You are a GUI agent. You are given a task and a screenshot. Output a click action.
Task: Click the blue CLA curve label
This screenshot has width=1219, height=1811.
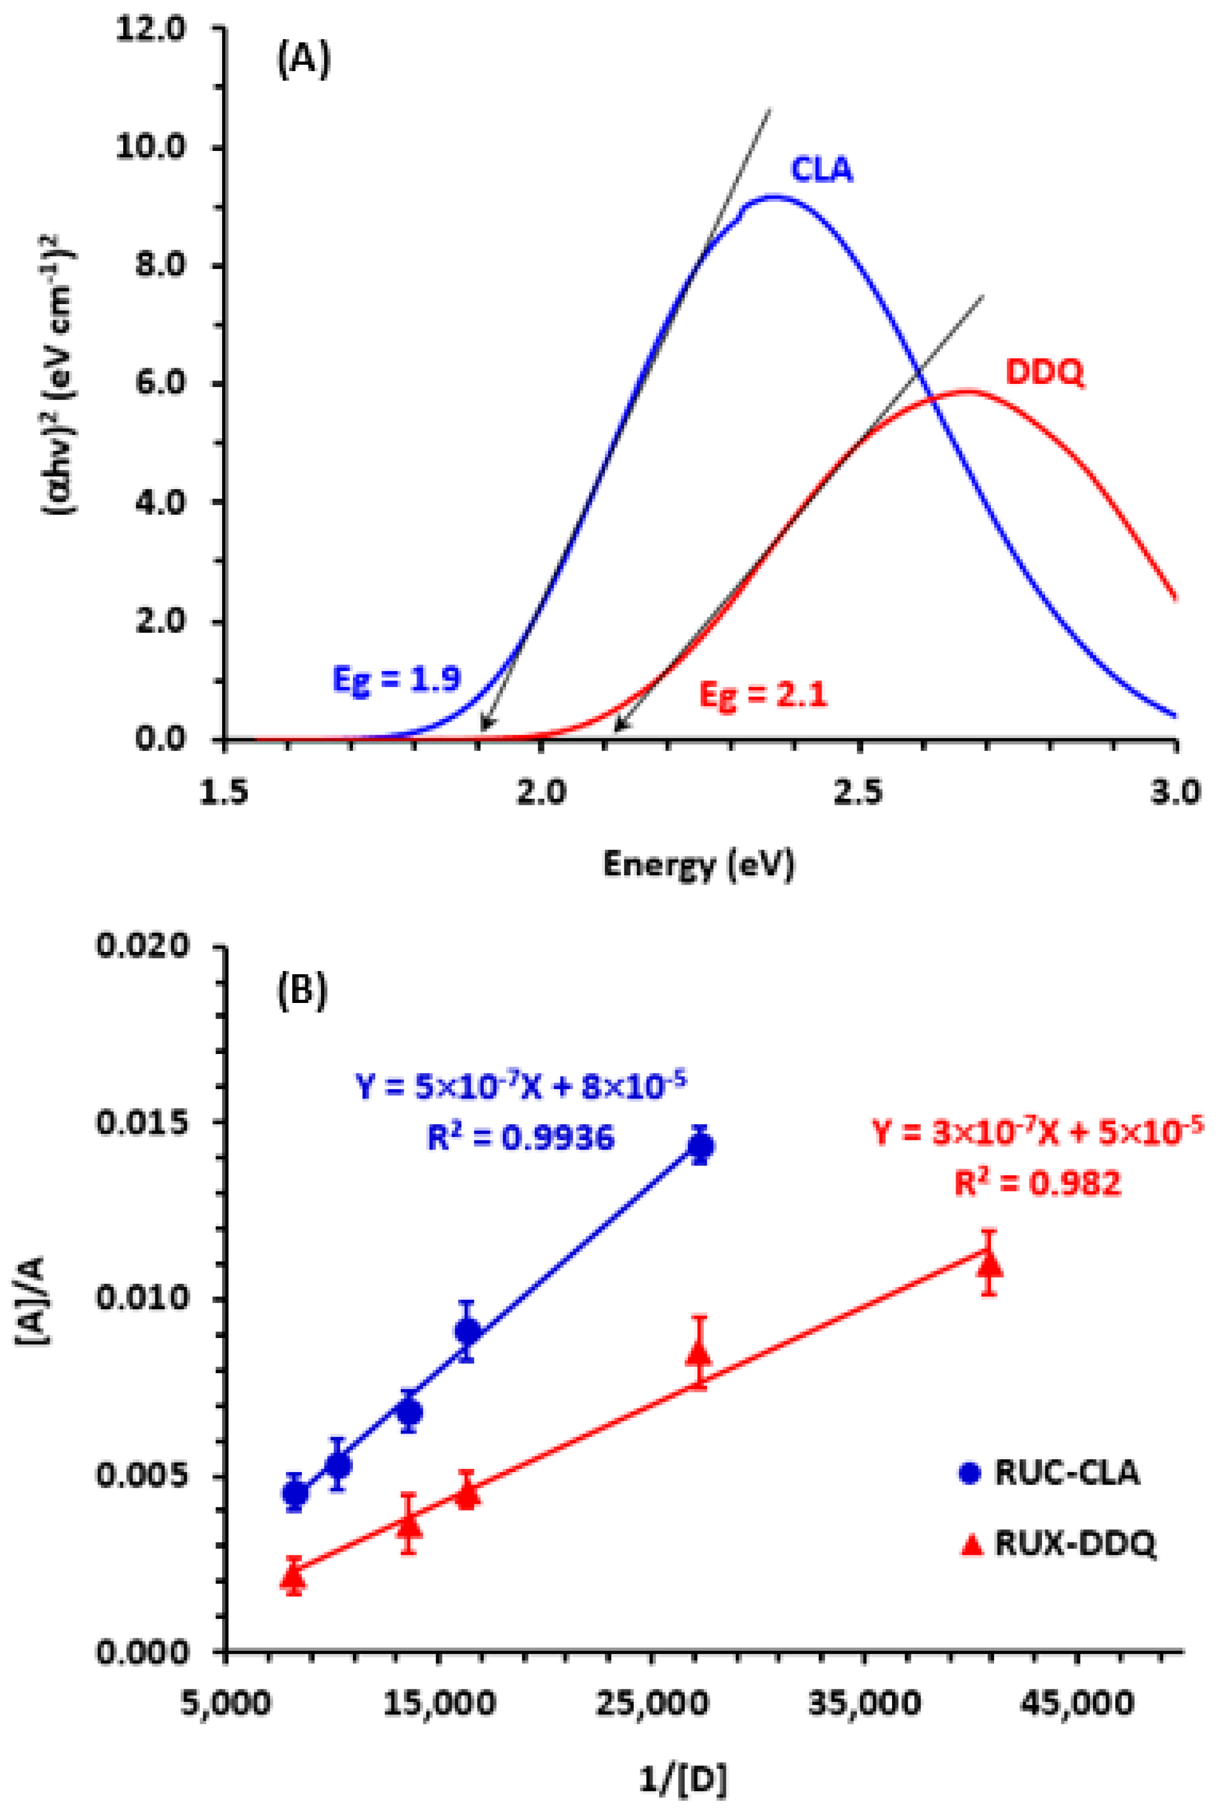[821, 169]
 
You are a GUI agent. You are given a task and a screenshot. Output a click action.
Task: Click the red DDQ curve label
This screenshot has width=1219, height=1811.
[1044, 373]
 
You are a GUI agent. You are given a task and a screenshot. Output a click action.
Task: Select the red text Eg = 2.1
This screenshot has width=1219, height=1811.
[763, 694]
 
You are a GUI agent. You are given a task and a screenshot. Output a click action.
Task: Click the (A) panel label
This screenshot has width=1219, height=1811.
[303, 61]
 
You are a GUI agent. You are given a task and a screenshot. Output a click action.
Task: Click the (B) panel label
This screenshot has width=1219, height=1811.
[302, 991]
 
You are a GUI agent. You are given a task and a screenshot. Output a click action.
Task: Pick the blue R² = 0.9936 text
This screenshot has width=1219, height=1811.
[521, 1138]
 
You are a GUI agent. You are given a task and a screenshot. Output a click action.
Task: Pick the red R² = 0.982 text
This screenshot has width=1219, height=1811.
[1037, 1183]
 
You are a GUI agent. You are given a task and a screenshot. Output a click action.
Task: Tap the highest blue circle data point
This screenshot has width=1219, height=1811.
[700, 1146]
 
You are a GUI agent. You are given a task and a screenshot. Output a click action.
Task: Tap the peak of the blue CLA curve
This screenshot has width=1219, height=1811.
[773, 197]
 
